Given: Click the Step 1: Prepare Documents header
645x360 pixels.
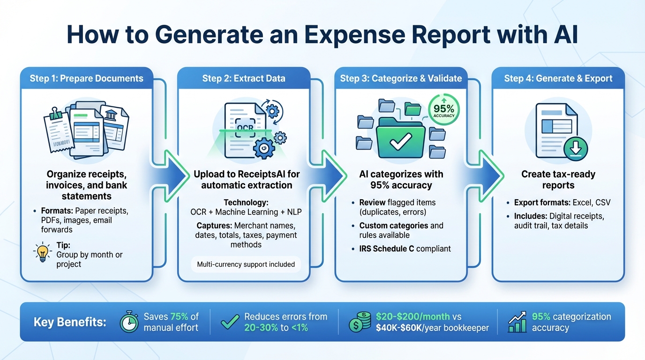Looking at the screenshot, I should click(x=87, y=78).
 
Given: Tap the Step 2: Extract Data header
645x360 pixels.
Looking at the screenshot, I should click(x=244, y=78).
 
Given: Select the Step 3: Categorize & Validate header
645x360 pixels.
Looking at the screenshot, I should click(x=401, y=78).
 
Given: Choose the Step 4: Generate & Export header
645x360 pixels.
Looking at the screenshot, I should click(x=558, y=78).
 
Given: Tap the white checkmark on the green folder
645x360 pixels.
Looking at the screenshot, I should click(x=401, y=140).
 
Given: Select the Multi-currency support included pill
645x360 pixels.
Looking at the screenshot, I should click(x=246, y=264).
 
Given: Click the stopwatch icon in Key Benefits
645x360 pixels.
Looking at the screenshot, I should click(x=129, y=322).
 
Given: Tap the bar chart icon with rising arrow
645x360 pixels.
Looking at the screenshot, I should click(x=517, y=322).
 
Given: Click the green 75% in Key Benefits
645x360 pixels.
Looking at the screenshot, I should click(x=179, y=316).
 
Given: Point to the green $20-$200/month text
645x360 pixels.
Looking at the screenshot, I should click(x=412, y=316).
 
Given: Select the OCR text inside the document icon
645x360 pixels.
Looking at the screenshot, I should click(x=245, y=127).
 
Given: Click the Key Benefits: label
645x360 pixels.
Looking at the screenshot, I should click(x=70, y=322).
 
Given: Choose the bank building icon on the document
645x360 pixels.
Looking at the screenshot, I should click(x=111, y=115).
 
